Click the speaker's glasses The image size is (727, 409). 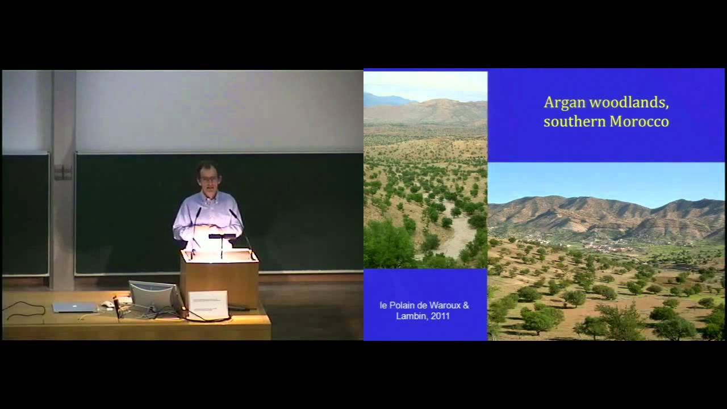[208, 179]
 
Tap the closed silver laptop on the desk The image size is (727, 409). [74, 307]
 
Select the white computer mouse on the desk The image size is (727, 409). [107, 304]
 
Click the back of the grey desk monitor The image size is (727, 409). [152, 295]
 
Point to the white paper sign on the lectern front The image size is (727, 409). [207, 304]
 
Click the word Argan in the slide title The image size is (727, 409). [564, 102]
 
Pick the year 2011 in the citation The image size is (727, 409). [440, 316]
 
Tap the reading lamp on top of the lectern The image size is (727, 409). [222, 236]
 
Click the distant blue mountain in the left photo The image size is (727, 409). [386, 100]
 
